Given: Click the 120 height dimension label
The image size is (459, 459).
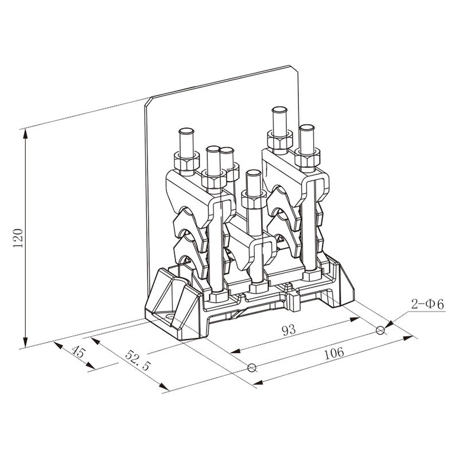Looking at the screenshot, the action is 18,238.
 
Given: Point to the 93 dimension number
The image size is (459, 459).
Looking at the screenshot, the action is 289,330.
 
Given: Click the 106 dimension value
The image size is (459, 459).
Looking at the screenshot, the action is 334,353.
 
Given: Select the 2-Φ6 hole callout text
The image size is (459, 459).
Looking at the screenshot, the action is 428,304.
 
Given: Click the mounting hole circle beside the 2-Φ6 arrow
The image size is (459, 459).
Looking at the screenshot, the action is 380,330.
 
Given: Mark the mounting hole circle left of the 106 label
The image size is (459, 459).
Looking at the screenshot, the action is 252,368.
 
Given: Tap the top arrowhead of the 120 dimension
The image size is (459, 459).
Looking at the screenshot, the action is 26,134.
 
